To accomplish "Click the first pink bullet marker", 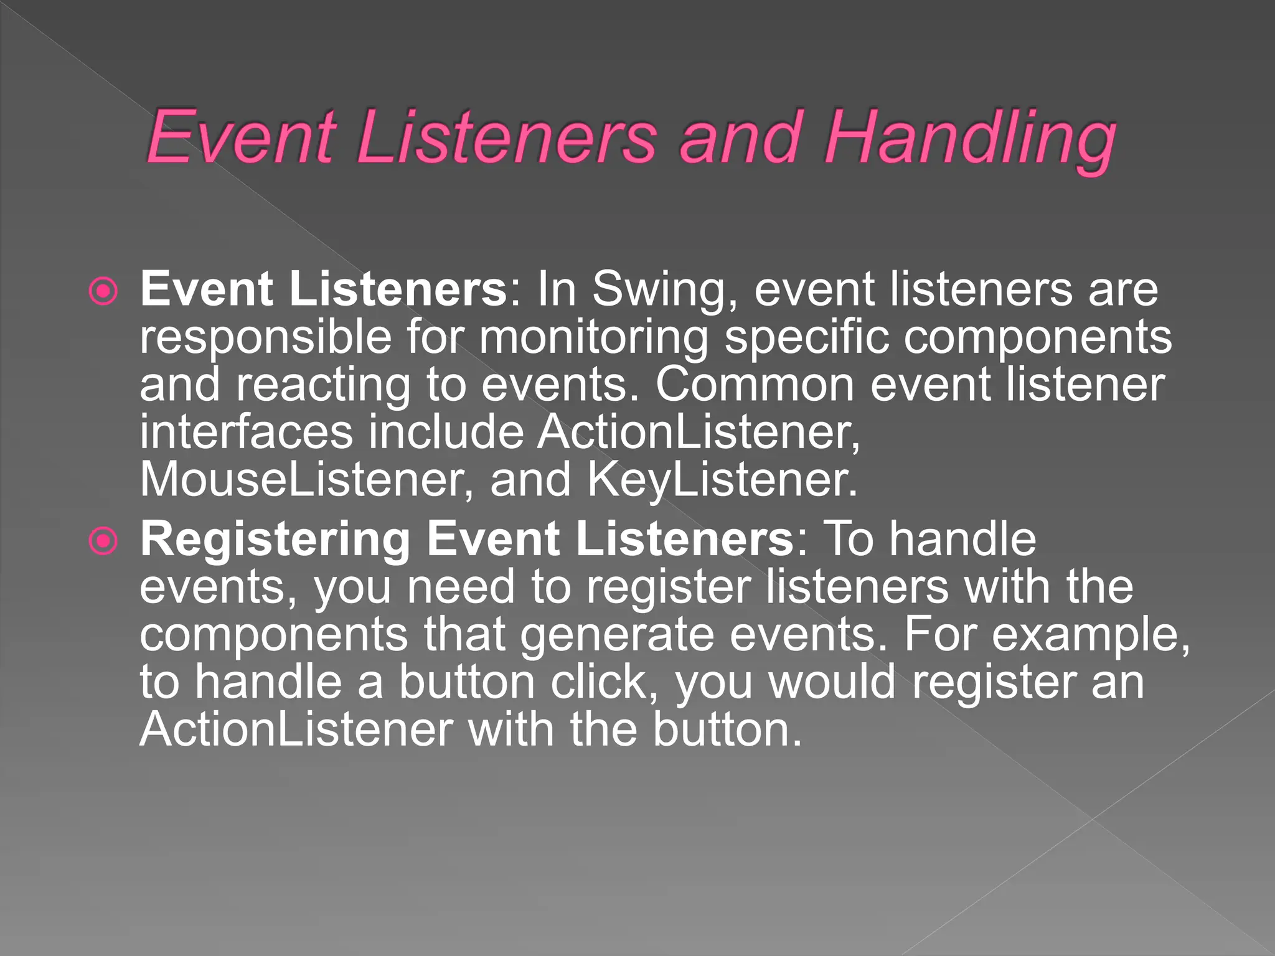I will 103,291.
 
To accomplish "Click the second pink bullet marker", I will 103,541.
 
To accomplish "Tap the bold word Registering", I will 275,539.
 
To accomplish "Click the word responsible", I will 265,337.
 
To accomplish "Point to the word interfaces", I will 247,432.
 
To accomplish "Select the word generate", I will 617,635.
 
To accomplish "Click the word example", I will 1090,635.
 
